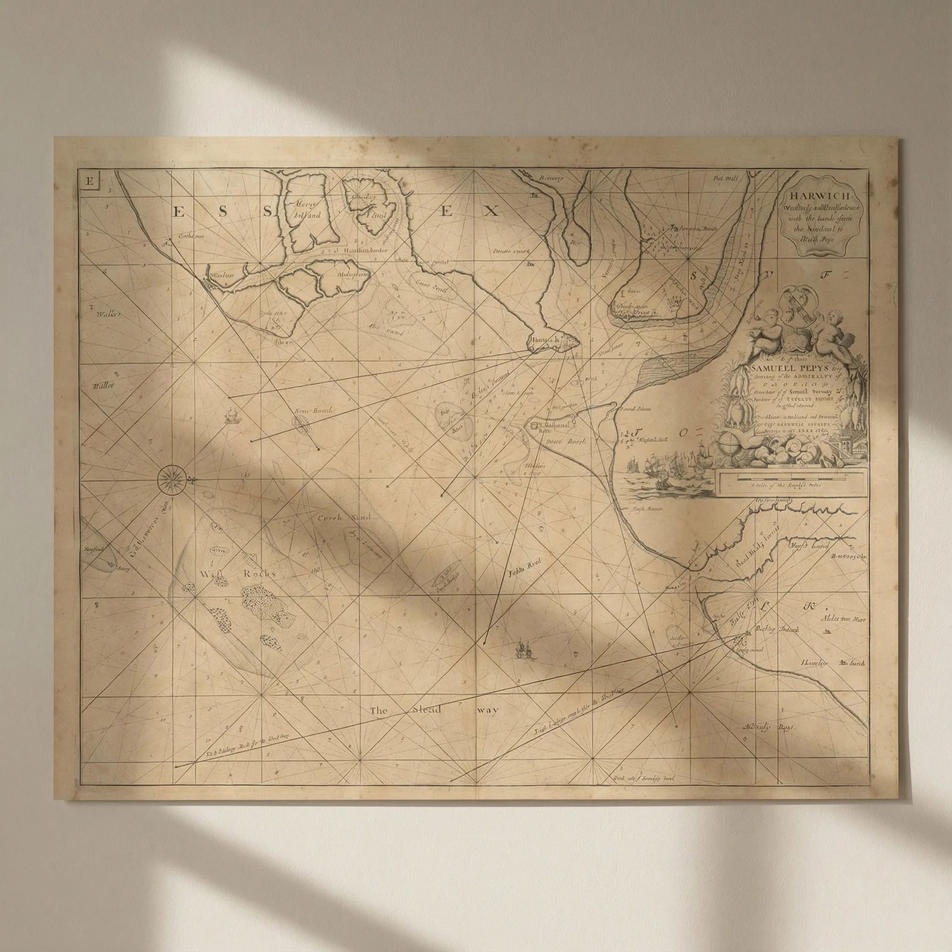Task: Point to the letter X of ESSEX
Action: point(489,210)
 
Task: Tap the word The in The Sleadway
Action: point(378,710)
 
